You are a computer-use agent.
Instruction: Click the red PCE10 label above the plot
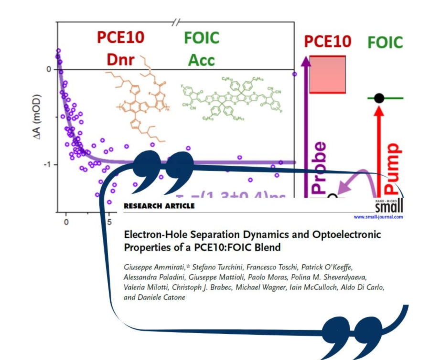[120, 37]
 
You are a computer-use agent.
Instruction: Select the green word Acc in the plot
[201, 60]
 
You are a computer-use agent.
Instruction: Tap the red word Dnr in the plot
[120, 60]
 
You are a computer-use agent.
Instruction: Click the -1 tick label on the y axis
[48, 165]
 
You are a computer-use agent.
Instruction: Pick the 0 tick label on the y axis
[49, 69]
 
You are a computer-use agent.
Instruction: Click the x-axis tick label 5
[109, 222]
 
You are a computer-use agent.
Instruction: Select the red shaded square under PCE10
[327, 74]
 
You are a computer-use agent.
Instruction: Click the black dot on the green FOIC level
[379, 98]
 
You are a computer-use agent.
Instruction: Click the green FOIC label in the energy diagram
[385, 42]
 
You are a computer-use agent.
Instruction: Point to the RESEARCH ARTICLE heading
[159, 206]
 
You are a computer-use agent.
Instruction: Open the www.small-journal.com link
[378, 217]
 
